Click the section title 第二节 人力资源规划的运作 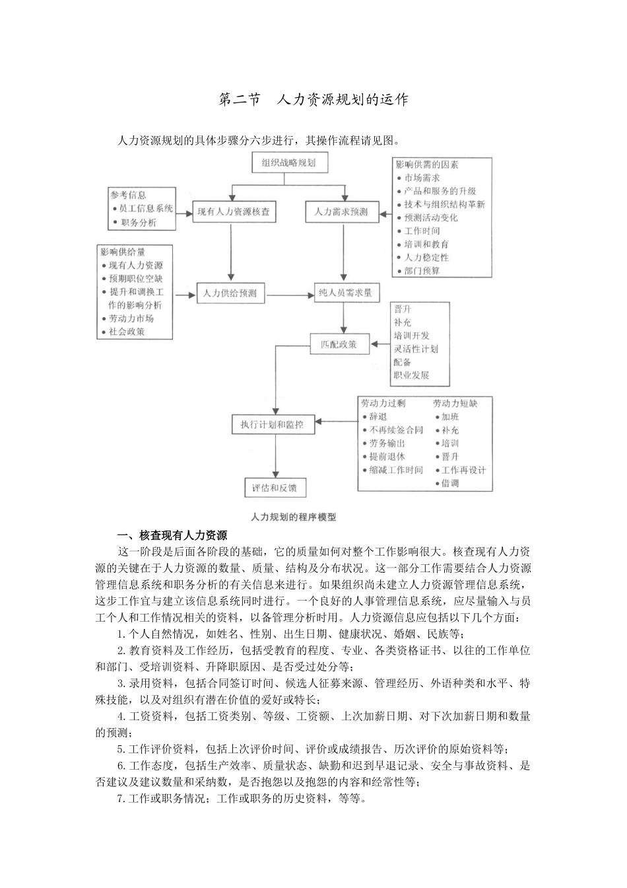click(x=313, y=100)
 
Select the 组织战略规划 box click(x=288, y=163)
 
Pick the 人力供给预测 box click(x=230, y=293)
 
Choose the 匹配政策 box click(x=339, y=344)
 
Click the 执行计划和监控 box click(x=273, y=425)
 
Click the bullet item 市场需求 click(x=422, y=178)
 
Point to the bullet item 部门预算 click(x=422, y=271)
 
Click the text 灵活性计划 click(x=416, y=349)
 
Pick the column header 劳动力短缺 click(x=455, y=403)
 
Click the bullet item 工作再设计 click(x=463, y=470)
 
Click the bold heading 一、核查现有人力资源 click(x=172, y=535)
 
